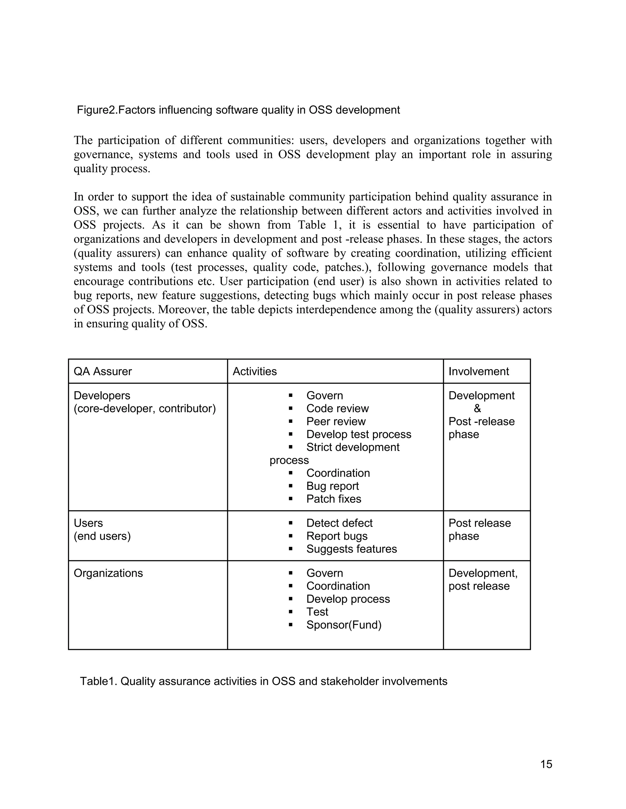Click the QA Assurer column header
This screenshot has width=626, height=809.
[x=103, y=371]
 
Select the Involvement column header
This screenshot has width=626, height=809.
[x=478, y=371]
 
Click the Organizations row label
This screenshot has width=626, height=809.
[x=108, y=573]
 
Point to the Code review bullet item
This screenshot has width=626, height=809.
[x=337, y=408]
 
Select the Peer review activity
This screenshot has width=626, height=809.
[x=336, y=421]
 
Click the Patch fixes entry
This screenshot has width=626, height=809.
[x=333, y=499]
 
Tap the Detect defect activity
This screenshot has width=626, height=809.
[x=339, y=523]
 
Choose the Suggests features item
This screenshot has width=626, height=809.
[x=351, y=549]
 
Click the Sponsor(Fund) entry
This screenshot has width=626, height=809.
[x=343, y=625]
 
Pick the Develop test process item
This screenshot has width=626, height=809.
[x=358, y=434]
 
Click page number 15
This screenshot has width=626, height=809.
[x=546, y=764]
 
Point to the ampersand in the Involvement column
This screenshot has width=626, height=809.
[x=477, y=408]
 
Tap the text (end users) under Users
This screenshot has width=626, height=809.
[x=102, y=536]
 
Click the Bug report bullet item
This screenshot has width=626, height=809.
[x=332, y=486]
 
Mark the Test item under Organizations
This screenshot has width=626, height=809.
[x=317, y=612]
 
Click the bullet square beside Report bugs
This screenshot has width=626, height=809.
[x=290, y=536]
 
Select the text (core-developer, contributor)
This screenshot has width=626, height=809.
[x=145, y=408]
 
